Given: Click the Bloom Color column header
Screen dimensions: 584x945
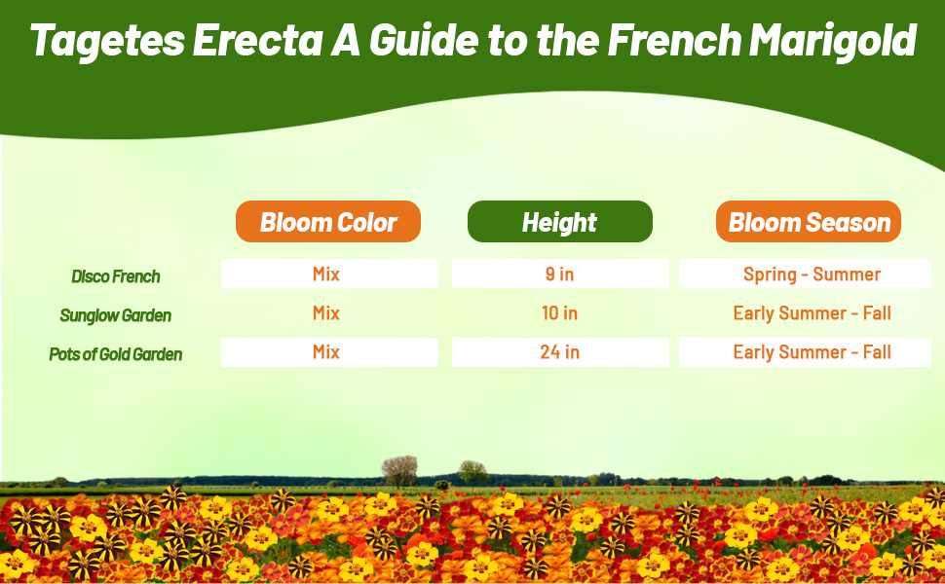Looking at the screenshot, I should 328,222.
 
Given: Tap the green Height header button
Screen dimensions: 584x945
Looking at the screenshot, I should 559,222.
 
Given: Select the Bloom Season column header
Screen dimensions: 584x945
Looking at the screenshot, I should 809,222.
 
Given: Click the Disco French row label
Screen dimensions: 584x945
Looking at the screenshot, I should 116,276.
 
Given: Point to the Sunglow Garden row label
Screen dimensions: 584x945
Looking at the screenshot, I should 115,315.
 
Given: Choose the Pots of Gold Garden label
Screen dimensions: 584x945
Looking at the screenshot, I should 116,354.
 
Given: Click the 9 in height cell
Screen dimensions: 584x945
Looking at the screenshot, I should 559,274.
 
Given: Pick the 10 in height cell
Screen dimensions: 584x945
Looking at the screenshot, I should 559,313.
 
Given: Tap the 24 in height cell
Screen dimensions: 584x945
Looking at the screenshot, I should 559,352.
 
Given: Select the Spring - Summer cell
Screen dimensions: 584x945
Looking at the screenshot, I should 812,274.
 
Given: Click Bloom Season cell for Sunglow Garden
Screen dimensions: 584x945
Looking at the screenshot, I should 812,313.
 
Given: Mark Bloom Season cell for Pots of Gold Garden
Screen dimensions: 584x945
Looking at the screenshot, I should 812,352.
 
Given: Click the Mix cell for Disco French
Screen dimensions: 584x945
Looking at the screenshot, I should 326,274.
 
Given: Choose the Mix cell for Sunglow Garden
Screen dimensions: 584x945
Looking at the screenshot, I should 326,313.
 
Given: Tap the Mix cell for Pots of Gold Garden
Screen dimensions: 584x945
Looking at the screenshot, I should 326,352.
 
